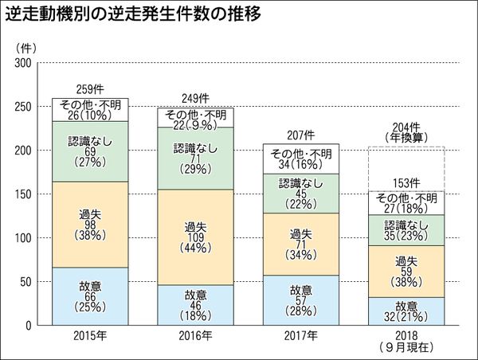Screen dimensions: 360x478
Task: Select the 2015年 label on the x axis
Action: (90, 336)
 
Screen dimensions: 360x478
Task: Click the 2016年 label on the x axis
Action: (195, 336)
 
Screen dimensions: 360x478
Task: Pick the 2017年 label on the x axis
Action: (300, 336)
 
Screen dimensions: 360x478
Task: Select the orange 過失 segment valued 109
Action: (195, 237)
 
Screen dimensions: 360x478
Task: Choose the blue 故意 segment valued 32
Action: (406, 311)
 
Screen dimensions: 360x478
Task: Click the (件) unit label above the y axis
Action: (24, 46)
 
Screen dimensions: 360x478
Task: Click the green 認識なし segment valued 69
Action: (90, 151)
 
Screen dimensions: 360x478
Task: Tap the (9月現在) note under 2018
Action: (406, 347)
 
